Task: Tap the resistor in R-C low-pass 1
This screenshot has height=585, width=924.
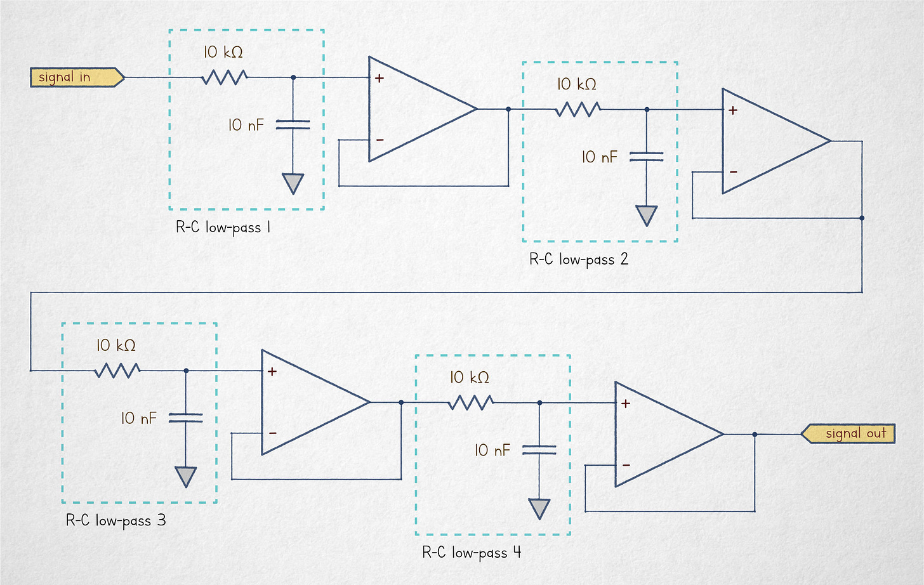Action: point(224,77)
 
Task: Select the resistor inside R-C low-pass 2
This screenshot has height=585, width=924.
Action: point(577,110)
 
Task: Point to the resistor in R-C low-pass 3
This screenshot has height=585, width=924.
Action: point(117,371)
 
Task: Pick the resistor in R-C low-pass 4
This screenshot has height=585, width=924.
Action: point(470,402)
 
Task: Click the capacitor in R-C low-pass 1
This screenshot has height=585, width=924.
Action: point(293,124)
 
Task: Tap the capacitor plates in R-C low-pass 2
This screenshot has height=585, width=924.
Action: point(646,157)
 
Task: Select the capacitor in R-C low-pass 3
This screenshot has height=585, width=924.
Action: point(186,417)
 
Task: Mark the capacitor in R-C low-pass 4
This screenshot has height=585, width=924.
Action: point(539,450)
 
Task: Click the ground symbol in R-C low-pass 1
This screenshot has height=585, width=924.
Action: point(293,183)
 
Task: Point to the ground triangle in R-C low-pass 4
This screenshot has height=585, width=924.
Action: point(539,508)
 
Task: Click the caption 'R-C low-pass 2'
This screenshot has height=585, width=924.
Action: point(578,259)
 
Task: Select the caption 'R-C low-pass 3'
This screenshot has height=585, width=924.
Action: point(115,520)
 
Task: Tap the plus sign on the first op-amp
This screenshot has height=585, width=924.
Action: point(379,79)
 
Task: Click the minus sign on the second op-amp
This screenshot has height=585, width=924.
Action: point(733,172)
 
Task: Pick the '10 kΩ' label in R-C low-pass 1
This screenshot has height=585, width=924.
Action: point(223,52)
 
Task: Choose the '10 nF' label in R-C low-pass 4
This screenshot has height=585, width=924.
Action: point(492,450)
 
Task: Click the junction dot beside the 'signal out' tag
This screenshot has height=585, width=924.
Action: point(755,435)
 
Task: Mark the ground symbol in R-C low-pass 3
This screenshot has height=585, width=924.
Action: point(186,476)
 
